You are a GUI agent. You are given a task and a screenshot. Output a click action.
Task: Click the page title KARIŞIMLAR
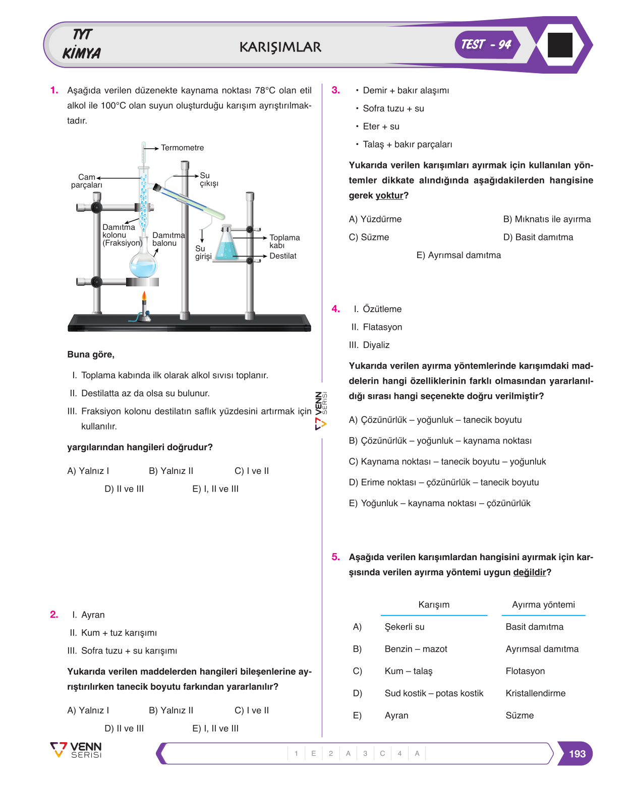click(280, 47)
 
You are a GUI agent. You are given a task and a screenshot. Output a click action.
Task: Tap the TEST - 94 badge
click(486, 44)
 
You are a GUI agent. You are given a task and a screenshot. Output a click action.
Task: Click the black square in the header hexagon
click(559, 45)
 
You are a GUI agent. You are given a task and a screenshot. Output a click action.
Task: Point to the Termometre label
click(182, 148)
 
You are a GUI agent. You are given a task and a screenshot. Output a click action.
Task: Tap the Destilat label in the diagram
click(282, 256)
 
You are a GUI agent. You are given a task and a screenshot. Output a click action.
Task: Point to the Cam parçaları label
click(87, 181)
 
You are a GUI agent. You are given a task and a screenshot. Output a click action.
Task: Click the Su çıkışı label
click(209, 179)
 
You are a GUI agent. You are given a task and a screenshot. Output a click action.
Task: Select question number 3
click(335, 90)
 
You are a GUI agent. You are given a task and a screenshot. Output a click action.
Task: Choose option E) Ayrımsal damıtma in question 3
click(459, 255)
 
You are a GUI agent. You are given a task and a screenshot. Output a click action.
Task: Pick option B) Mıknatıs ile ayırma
click(546, 219)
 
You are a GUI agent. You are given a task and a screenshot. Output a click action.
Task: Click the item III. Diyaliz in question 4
click(369, 345)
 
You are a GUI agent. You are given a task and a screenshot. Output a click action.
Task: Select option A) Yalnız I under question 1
click(88, 471)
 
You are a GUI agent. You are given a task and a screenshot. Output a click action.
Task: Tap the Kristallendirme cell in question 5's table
click(535, 693)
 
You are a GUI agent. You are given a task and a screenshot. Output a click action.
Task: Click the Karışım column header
click(433, 604)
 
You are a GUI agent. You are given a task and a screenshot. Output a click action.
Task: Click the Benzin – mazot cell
click(416, 649)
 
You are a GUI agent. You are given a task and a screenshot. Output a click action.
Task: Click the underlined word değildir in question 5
click(529, 572)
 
